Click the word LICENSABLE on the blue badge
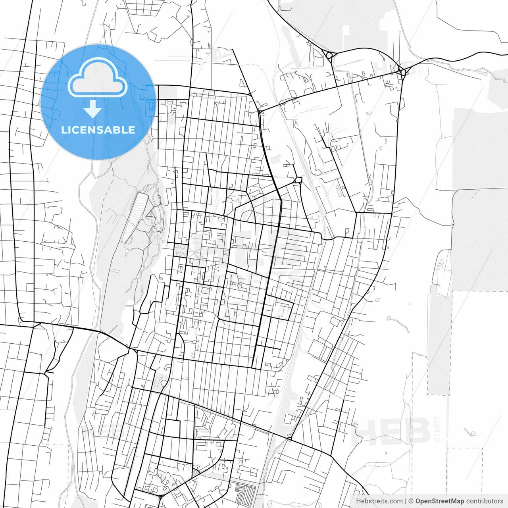point(98,130)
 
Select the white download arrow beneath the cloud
point(93,109)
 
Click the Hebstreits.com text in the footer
point(379,501)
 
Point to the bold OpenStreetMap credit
point(439,501)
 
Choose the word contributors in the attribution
point(484,501)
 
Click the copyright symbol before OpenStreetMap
point(411,501)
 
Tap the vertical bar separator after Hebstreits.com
point(406,501)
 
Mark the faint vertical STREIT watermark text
point(437,429)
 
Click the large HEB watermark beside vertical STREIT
point(391,431)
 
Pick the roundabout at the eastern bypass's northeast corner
point(403,72)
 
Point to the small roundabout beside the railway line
point(298,181)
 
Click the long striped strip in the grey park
point(135,217)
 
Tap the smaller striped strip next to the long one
point(158,214)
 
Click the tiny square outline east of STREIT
point(472,433)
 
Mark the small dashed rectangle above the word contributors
point(464,470)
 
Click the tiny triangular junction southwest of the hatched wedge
point(160,496)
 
